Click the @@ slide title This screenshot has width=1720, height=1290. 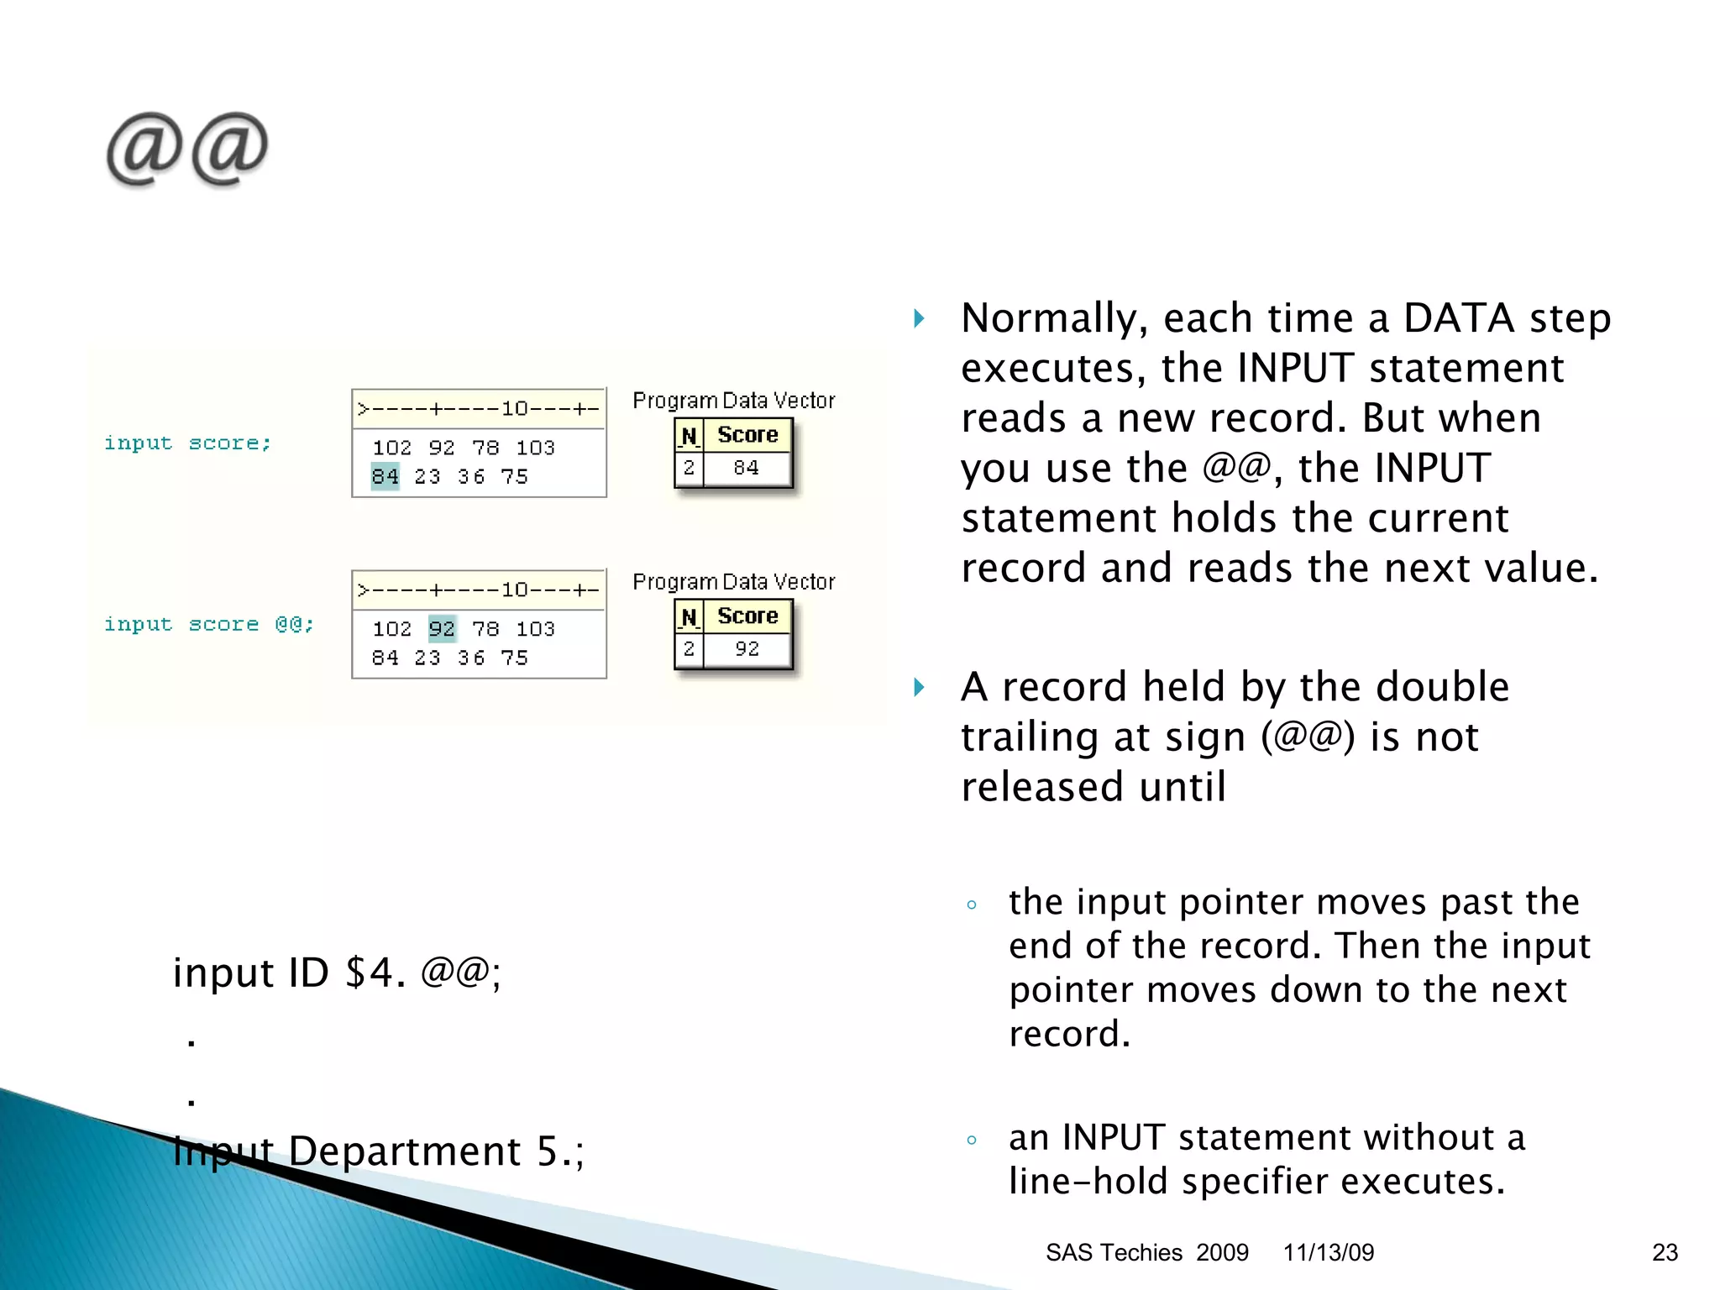pos(186,149)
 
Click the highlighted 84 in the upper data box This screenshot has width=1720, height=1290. pos(385,477)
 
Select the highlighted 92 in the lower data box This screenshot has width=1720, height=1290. pos(442,629)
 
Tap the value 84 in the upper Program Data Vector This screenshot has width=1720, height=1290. pos(746,468)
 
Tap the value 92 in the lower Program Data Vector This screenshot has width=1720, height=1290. pos(747,648)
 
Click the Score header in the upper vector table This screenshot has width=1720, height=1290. pos(747,435)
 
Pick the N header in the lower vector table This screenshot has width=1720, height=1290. pos(689,617)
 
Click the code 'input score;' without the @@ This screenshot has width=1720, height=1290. pos(187,443)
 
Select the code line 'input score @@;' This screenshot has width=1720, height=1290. pos(208,625)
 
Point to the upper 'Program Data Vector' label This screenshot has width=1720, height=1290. pos(733,401)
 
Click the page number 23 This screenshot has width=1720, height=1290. pos(1665,1252)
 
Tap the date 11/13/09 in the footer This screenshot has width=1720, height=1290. pos(1328,1252)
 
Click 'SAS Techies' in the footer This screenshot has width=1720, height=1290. pos(1114,1252)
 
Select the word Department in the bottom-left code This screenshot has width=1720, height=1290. pos(404,1151)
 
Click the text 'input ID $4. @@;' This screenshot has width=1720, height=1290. pos(337,973)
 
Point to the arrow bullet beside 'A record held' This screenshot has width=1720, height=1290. pos(920,688)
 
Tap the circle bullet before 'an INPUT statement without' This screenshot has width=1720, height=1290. pos(972,1141)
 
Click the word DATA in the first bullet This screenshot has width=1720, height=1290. pos(1458,319)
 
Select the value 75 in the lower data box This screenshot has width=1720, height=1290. pos(514,658)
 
